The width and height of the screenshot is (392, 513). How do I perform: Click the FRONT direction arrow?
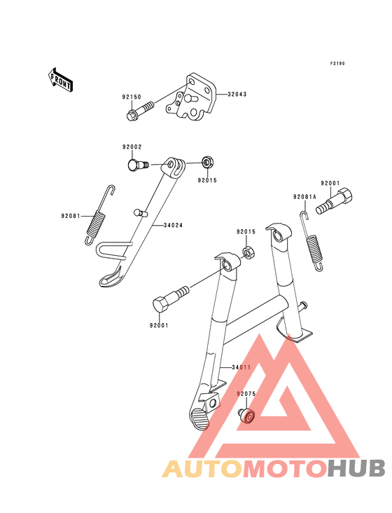coord(60,79)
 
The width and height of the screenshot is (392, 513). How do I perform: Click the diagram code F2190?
coord(337,64)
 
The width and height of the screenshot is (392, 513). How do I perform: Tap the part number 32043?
coord(237,94)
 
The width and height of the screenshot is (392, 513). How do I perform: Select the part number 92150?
coord(132,97)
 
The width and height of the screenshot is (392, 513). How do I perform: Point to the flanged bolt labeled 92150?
coord(140,111)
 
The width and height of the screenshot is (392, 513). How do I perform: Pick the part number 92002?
coord(132,147)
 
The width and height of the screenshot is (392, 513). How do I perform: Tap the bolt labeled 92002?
coord(137,165)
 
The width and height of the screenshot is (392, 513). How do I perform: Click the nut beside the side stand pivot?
coord(206,163)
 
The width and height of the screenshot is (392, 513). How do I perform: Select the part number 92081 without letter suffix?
coord(70,216)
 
